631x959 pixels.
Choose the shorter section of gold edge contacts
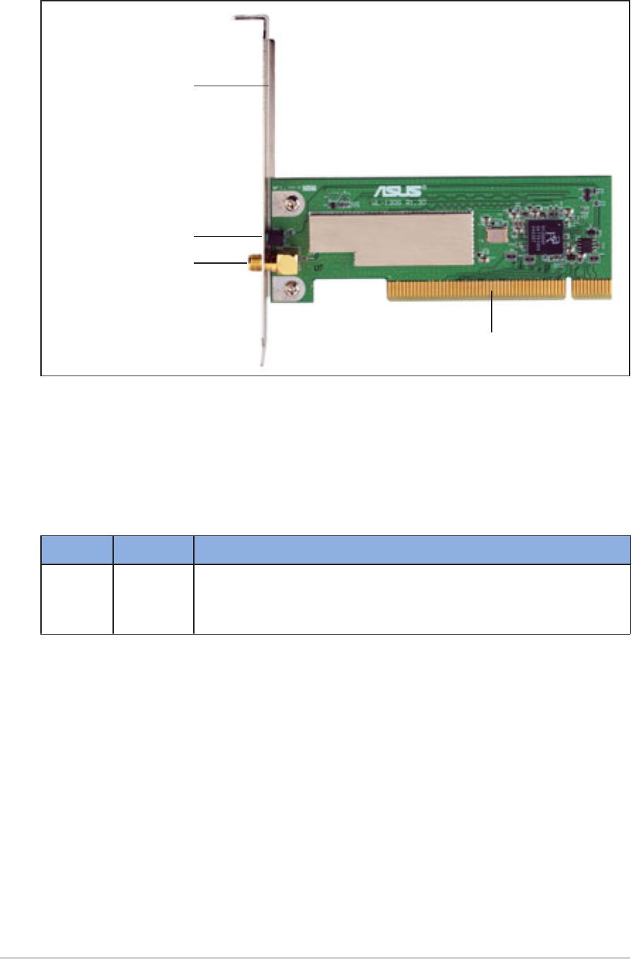pyautogui.click(x=591, y=288)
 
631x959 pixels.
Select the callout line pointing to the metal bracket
pyautogui.click(x=230, y=86)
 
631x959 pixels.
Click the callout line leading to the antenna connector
pyautogui.click(x=219, y=263)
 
